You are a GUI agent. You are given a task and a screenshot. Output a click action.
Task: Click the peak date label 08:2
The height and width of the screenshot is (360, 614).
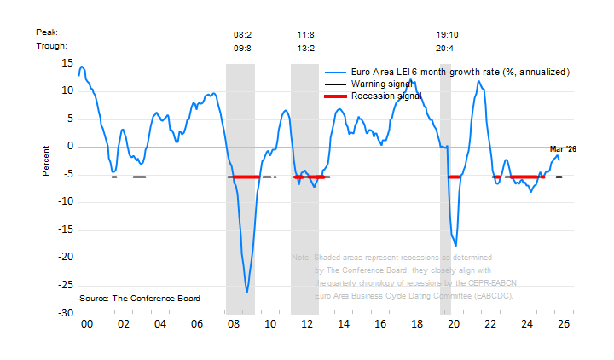[x=243, y=34]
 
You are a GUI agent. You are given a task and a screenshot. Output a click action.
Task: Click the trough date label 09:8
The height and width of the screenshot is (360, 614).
[x=243, y=48]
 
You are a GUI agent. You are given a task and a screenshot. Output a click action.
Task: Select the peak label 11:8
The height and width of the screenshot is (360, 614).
[x=305, y=34]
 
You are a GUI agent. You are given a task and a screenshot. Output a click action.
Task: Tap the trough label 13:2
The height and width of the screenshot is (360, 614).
[x=305, y=48]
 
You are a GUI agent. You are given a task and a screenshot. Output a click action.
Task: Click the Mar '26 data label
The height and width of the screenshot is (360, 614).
[x=563, y=149]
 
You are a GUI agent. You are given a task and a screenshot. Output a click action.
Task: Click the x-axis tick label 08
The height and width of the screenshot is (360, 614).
[x=234, y=325]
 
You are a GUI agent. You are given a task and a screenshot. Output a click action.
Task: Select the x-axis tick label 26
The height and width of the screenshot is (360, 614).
[x=564, y=325]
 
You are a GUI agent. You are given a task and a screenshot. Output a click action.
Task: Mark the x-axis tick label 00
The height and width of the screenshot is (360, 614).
[x=86, y=325]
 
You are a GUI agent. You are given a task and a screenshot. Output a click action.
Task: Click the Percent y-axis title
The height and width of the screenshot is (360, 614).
[x=48, y=160]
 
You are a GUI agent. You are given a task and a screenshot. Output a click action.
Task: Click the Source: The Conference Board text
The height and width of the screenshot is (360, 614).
[x=140, y=299]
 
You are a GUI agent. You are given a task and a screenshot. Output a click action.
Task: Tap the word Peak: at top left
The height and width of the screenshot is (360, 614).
[x=46, y=32]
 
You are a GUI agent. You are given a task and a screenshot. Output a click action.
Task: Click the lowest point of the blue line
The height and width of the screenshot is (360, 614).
[x=247, y=293]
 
